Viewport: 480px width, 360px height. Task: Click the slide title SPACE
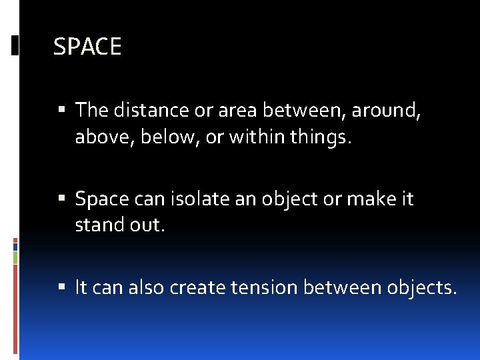(87, 47)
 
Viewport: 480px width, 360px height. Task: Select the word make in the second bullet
(363, 199)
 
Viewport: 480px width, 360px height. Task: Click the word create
(197, 287)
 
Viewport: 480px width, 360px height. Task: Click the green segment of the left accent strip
(15, 257)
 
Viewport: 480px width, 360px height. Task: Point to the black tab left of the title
(15, 45)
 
